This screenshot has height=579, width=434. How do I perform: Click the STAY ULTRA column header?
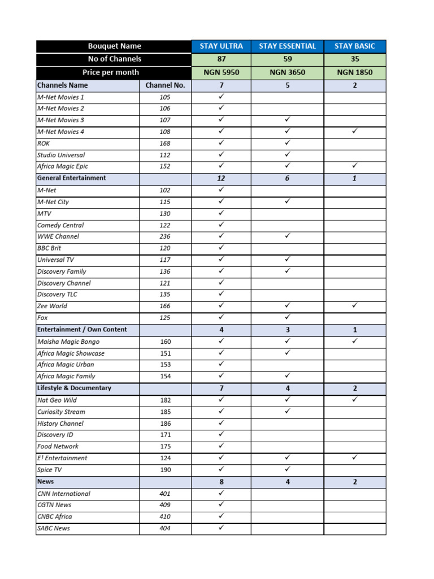(221, 46)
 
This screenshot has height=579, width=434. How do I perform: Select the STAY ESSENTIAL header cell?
(288, 46)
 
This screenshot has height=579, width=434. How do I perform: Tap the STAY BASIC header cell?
(355, 46)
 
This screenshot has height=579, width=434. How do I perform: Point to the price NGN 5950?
(221, 72)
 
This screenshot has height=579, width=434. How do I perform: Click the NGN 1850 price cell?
(355, 72)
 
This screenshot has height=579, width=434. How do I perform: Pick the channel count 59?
(288, 59)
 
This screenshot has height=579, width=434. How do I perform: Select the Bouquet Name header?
(114, 46)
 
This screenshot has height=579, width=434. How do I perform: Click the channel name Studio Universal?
(61, 155)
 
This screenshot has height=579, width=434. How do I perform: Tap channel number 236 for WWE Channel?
(165, 236)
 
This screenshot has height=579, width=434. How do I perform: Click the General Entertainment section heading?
(71, 178)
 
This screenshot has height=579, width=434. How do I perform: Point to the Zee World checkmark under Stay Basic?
(355, 305)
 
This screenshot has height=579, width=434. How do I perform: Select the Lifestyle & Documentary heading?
(74, 388)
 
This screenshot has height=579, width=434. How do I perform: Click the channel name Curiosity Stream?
(61, 412)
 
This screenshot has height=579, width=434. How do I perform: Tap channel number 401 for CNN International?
(165, 494)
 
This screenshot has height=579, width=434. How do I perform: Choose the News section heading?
(45, 482)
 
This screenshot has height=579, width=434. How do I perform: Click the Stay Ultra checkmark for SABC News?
(221, 528)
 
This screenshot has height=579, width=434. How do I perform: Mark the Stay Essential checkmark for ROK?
(288, 142)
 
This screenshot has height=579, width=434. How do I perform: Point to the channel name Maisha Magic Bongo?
(68, 342)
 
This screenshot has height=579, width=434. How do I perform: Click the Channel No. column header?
(165, 85)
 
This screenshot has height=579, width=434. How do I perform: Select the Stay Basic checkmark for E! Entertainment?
(355, 457)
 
